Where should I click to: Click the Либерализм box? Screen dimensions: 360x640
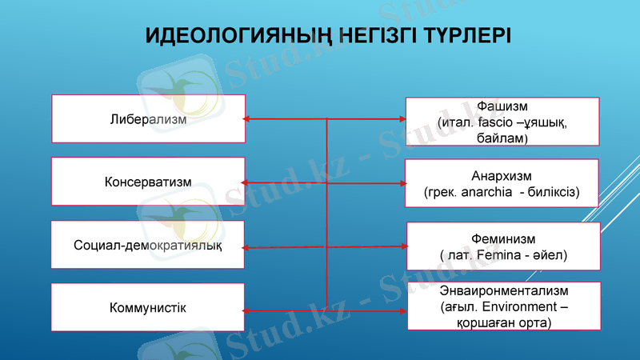click(148, 119)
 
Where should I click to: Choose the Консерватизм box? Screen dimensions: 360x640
click(148, 182)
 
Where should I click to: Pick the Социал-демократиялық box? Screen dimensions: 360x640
click(148, 244)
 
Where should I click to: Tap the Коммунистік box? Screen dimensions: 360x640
click(148, 306)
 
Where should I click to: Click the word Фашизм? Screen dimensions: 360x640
click(502, 106)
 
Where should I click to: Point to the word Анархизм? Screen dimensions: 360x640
click(502, 175)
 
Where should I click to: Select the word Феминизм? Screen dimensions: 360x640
click(503, 238)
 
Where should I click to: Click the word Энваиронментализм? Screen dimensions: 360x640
click(503, 290)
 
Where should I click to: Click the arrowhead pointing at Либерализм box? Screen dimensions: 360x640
click(248, 119)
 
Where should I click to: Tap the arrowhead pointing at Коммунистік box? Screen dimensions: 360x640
click(248, 310)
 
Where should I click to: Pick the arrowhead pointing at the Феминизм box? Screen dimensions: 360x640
click(402, 246)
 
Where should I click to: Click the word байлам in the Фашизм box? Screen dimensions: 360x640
click(502, 138)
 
